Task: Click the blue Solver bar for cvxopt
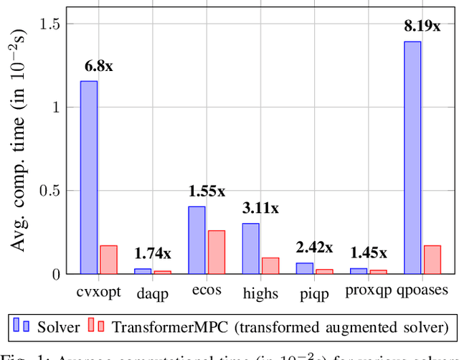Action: point(89,177)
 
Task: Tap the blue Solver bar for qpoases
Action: point(412,158)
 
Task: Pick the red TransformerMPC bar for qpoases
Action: point(432,260)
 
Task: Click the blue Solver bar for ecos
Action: point(197,240)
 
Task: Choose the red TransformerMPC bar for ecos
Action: point(216,252)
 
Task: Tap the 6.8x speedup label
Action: point(98,67)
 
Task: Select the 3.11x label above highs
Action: point(260,209)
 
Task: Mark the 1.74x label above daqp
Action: point(153,253)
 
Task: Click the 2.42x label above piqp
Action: point(314,247)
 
